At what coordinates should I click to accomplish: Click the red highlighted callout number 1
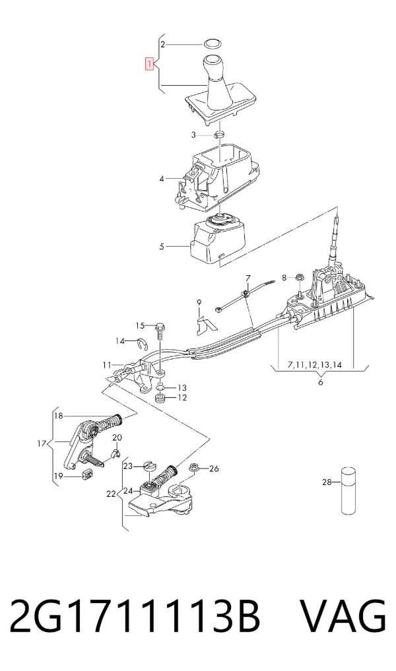(x=149, y=64)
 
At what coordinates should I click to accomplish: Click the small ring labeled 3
(x=219, y=135)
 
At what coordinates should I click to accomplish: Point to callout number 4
(x=162, y=178)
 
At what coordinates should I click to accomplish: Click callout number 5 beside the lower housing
(x=162, y=247)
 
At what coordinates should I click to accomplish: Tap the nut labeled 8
(x=299, y=278)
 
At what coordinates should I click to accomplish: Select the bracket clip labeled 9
(x=205, y=324)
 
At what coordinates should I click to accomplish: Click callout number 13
(x=182, y=388)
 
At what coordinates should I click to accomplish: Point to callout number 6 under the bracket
(x=320, y=382)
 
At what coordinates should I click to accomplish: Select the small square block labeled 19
(x=86, y=474)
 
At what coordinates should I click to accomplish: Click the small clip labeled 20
(x=115, y=453)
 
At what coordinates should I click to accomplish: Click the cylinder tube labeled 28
(x=348, y=490)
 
